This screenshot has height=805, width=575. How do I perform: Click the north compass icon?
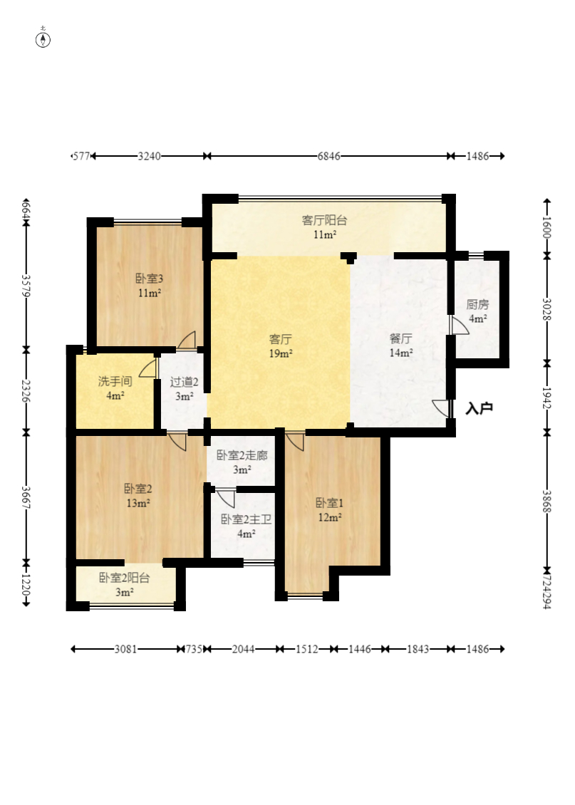43,38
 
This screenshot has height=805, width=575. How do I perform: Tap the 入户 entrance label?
479,408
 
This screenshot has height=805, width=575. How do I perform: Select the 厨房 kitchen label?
477,304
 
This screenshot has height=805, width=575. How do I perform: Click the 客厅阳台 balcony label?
324,220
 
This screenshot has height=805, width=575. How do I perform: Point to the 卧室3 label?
150,279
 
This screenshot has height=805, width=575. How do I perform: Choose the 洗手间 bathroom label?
115,381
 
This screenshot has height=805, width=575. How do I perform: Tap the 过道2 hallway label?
184,382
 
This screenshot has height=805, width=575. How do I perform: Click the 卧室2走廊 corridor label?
242,455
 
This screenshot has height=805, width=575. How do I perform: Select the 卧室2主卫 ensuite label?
246,519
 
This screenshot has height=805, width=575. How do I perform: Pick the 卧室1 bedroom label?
330,503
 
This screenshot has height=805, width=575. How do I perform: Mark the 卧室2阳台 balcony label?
124,578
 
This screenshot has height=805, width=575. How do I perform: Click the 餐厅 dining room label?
400,338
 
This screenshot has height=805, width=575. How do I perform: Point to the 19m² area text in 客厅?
281,353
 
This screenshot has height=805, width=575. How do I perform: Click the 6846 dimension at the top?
328,156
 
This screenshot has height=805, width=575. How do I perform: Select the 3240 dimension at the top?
149,156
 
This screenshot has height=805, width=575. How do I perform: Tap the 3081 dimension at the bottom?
126,649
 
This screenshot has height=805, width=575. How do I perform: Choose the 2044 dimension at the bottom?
244,649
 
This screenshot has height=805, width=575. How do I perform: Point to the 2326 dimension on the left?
26,391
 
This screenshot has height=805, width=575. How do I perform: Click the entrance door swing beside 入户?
440,408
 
